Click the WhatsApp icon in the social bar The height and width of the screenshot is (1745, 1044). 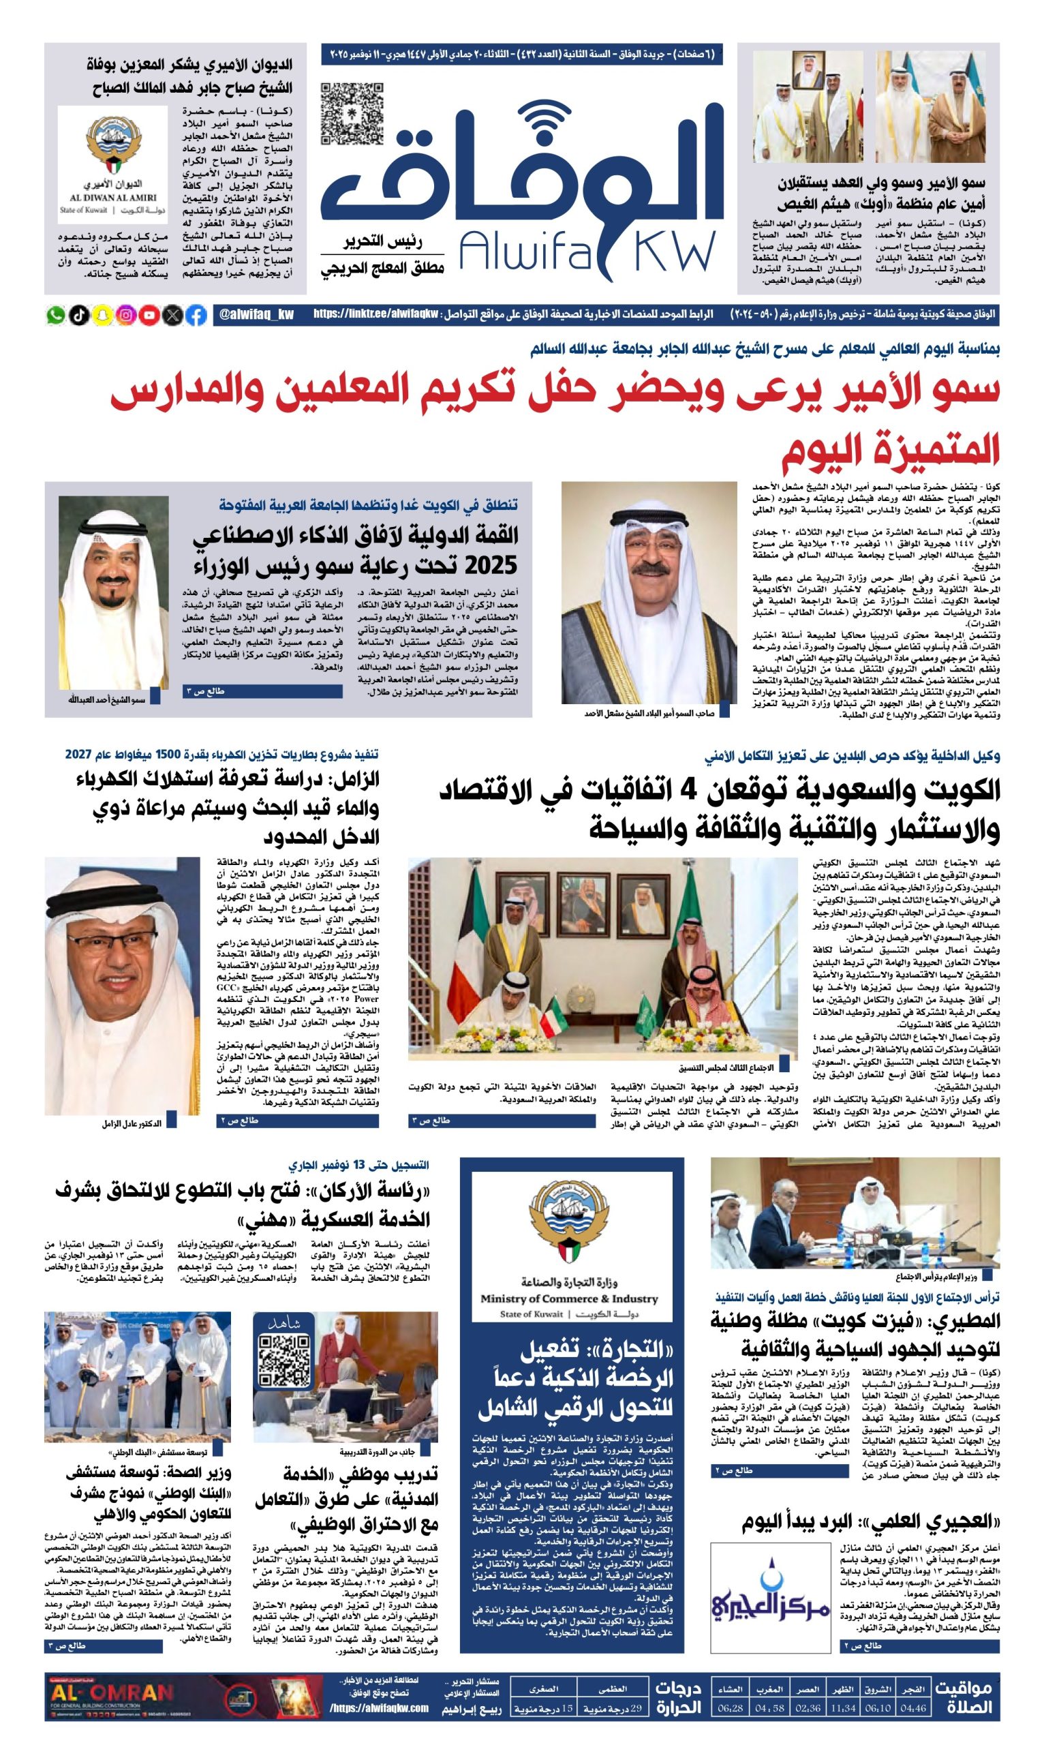coord(56,315)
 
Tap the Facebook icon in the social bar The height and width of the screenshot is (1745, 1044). coord(196,315)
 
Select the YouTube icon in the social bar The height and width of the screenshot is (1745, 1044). coord(149,315)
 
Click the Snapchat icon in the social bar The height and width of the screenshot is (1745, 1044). coord(103,315)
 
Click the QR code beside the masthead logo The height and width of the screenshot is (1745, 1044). coord(352,113)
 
